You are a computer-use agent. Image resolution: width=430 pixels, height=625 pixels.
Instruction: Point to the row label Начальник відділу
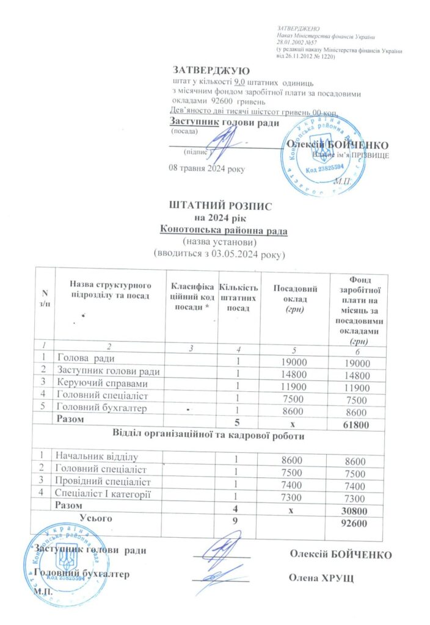click(97, 456)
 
